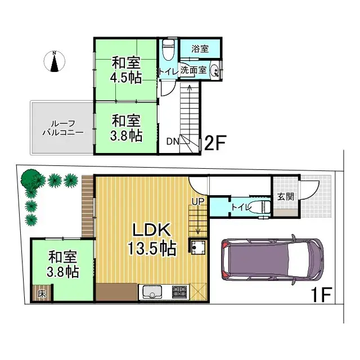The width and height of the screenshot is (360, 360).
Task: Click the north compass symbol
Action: tap(55, 62)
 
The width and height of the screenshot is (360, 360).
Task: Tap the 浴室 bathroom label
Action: tap(200, 49)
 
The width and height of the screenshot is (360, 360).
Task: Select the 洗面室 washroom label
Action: tap(192, 71)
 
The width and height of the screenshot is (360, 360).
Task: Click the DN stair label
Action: tap(173, 141)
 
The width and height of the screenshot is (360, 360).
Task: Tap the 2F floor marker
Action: tap(214, 143)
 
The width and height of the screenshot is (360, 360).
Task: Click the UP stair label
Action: tap(197, 201)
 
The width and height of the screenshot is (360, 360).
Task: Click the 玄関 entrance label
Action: tap(285, 196)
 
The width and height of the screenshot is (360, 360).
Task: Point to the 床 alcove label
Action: tap(42, 293)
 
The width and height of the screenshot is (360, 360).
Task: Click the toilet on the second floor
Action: tap(168, 52)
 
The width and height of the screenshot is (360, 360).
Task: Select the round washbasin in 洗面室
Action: tap(214, 71)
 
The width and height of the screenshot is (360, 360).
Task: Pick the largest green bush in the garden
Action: tap(31, 181)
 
